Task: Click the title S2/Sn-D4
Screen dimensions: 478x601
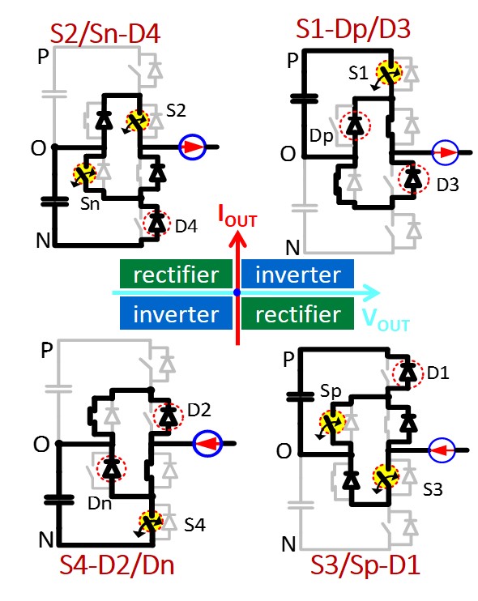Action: pyautogui.click(x=105, y=34)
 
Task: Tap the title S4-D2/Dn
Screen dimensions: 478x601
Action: pyautogui.click(x=117, y=565)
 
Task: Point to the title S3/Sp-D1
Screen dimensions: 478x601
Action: pyautogui.click(x=365, y=565)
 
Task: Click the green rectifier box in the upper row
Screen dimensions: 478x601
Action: pyautogui.click(x=176, y=274)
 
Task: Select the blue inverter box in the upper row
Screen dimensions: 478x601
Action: pyautogui.click(x=297, y=274)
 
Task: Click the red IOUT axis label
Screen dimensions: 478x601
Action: pyautogui.click(x=237, y=216)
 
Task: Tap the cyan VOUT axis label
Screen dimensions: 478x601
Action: pyautogui.click(x=386, y=319)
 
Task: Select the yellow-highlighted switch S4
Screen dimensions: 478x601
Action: pyautogui.click(x=151, y=521)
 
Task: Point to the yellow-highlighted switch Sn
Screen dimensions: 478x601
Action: pyautogui.click(x=85, y=173)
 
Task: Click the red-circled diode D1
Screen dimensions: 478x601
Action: pyautogui.click(x=408, y=372)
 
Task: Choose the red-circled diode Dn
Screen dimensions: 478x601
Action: pyautogui.click(x=112, y=467)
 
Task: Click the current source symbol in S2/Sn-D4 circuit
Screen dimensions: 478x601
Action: pyautogui.click(x=193, y=147)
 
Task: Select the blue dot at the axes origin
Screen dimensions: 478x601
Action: pyautogui.click(x=237, y=292)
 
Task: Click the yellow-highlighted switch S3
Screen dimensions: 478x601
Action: pyautogui.click(x=386, y=477)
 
